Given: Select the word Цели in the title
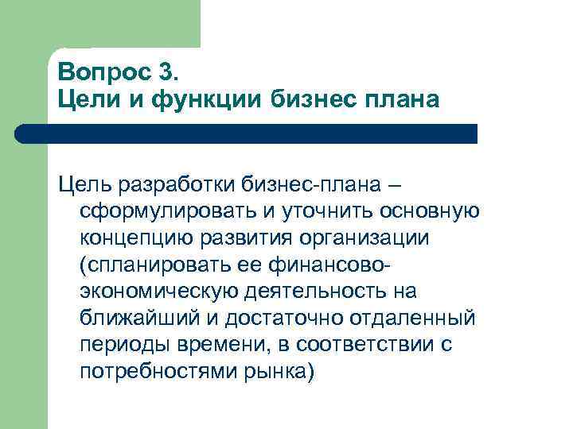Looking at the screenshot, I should (86, 101).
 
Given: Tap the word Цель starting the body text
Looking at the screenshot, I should (85, 187).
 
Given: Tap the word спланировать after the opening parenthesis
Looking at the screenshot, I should (162, 265).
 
